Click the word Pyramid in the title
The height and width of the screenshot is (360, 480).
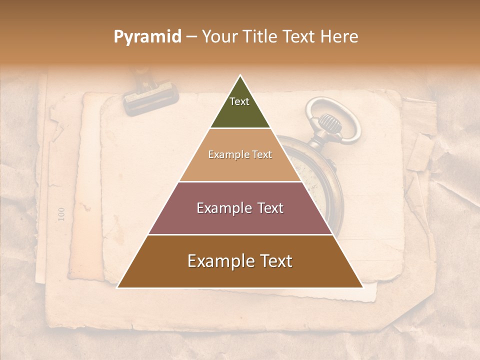click(x=147, y=37)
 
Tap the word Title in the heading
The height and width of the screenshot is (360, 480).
click(x=261, y=36)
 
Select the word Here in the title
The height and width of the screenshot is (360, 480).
click(x=339, y=36)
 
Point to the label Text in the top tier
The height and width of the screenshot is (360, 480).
click(x=239, y=101)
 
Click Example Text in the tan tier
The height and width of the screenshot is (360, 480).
click(x=240, y=154)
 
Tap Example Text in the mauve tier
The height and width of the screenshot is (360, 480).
click(x=240, y=208)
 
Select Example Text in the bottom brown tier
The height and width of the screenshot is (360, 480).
click(x=240, y=261)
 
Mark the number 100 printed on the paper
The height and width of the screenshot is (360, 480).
click(x=61, y=214)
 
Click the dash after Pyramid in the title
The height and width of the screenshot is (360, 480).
click(x=191, y=37)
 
